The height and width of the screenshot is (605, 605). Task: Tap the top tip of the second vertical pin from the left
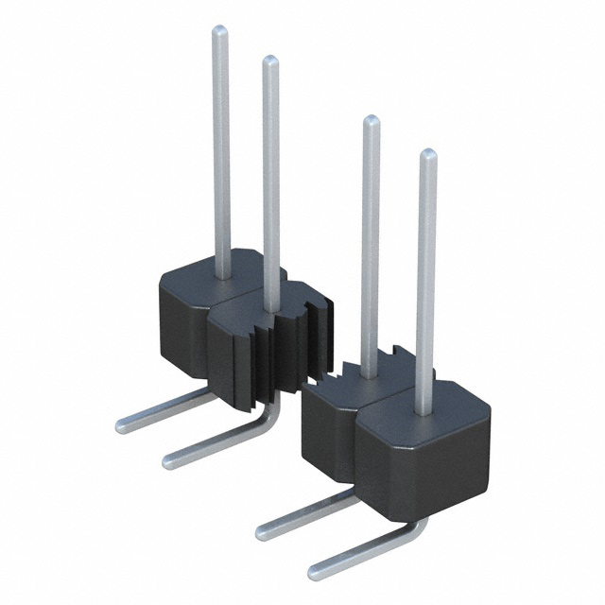click(x=269, y=61)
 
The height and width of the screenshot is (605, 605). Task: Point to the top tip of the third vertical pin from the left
click(x=372, y=121)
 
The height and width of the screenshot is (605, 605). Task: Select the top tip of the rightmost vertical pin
click(x=427, y=154)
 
